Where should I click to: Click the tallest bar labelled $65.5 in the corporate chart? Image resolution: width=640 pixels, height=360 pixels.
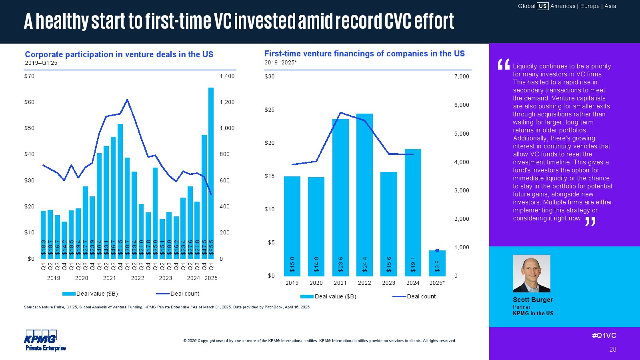211,172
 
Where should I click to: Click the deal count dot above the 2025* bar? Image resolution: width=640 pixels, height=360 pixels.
437,251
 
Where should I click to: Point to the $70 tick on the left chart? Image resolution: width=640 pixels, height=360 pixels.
29,76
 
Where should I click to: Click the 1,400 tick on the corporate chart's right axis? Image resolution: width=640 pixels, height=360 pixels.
227,76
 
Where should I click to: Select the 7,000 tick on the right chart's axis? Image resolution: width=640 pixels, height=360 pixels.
462,76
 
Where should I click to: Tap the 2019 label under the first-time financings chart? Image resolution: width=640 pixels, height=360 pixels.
292,283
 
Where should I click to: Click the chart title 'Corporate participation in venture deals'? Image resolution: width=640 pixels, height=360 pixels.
119,54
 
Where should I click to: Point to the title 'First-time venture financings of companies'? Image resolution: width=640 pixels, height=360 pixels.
364,54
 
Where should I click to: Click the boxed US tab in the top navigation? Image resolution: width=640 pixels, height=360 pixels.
542,6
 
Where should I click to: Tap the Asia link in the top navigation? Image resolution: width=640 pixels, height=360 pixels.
610,6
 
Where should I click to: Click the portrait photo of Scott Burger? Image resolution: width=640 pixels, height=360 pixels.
532,274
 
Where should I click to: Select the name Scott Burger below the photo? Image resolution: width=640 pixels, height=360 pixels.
533,300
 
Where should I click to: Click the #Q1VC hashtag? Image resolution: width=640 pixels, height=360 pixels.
604,336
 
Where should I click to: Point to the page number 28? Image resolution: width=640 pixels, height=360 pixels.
612,349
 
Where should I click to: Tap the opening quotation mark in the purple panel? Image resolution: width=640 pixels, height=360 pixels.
503,64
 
